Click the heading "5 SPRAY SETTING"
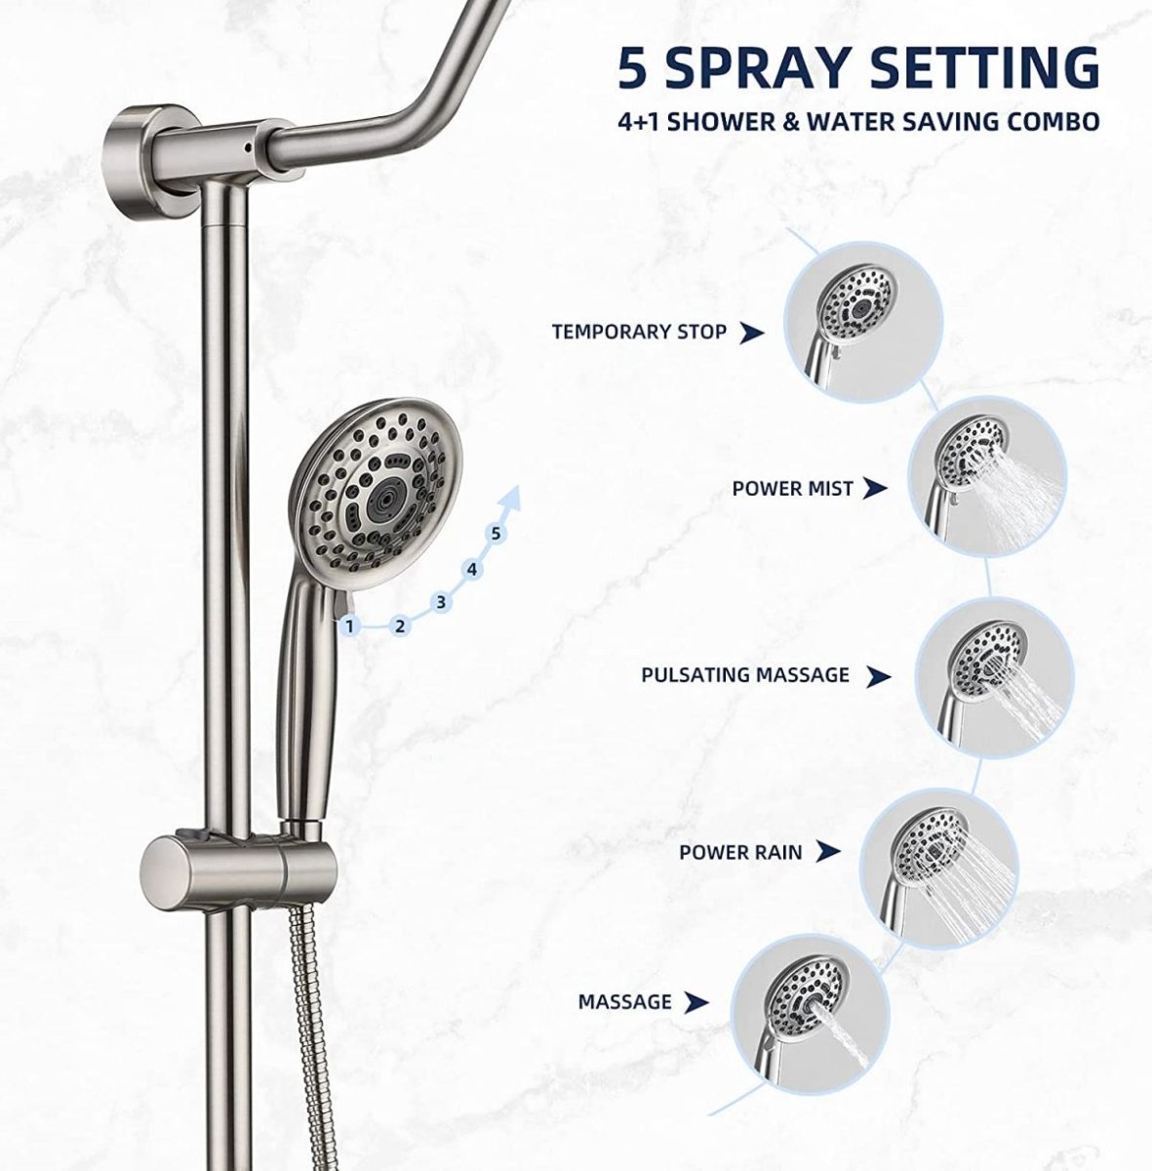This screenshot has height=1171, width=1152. [x=858, y=66]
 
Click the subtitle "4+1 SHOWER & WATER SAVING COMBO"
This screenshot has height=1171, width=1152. [x=858, y=121]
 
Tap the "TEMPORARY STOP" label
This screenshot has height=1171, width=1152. [x=639, y=332]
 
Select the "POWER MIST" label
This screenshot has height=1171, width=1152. [x=792, y=488]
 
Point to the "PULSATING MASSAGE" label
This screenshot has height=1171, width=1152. [x=745, y=674]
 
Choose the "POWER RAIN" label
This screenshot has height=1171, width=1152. [x=741, y=852]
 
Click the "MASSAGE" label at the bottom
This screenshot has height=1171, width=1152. [x=624, y=1001]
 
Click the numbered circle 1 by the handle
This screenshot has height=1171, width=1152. [x=349, y=627]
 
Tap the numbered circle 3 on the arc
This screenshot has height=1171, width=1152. [x=441, y=602]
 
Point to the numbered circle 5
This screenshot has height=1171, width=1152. [x=497, y=533]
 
